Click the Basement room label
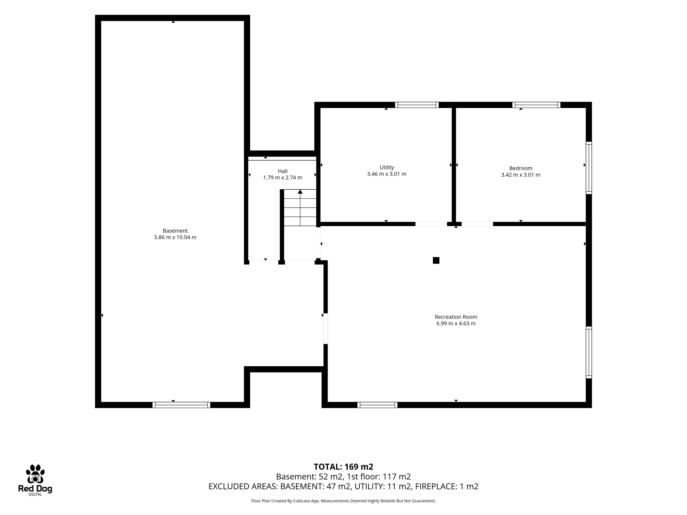click(175, 231)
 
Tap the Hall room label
click(283, 171)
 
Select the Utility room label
click(387, 168)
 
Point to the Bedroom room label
click(521, 168)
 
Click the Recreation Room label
click(456, 317)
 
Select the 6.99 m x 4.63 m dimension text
click(456, 323)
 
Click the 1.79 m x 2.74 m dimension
click(283, 178)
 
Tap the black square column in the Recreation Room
click(436, 260)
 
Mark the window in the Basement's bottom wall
click(181, 405)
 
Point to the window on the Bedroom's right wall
click(589, 168)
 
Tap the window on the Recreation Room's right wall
click(589, 352)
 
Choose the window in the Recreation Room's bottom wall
click(377, 405)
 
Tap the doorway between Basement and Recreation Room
click(325, 329)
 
